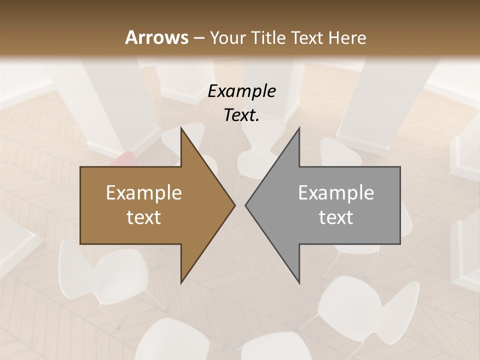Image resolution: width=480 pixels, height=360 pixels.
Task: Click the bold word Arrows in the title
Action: (x=156, y=37)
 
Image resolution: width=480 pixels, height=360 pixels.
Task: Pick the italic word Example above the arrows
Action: (x=242, y=91)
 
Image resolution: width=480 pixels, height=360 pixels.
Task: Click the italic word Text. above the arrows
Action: (x=242, y=115)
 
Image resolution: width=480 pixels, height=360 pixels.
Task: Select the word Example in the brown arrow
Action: (x=144, y=193)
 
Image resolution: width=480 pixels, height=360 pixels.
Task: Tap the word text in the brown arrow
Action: (x=144, y=217)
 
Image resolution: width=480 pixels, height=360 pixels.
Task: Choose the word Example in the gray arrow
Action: (x=336, y=193)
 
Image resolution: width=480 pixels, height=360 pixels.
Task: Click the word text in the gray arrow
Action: (x=336, y=217)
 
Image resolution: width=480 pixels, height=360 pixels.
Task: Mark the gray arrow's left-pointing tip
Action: (x=246, y=205)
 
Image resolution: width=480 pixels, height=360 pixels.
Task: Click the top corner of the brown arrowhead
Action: (x=181, y=128)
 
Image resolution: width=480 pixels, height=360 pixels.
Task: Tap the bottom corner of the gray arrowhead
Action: (x=299, y=282)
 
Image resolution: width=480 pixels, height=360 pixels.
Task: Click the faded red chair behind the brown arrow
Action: (x=123, y=159)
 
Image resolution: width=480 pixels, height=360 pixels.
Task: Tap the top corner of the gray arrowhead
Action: (x=299, y=128)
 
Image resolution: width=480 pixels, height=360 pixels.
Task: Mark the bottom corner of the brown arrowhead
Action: (x=181, y=282)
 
